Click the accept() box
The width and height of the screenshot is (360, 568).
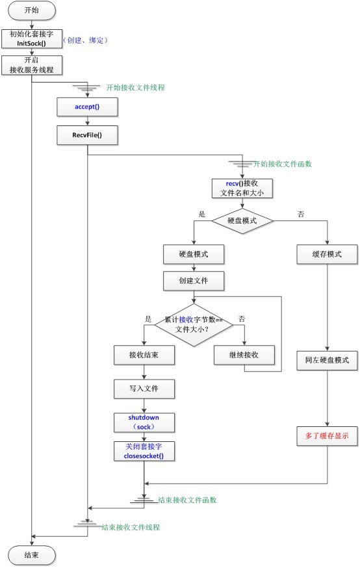[x=86, y=106]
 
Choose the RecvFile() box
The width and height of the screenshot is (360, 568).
[x=86, y=135]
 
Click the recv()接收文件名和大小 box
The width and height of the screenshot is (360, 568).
[x=242, y=188]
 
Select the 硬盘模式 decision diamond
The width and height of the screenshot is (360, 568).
[x=242, y=220]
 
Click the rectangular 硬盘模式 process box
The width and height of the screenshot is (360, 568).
[x=193, y=254]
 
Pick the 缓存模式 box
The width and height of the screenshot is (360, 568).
[x=328, y=254]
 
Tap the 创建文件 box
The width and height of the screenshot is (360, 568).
[x=193, y=281]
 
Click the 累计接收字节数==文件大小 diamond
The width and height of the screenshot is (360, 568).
[x=193, y=324]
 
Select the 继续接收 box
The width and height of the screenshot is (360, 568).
[x=244, y=355]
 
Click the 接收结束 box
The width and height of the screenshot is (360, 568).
[x=144, y=355]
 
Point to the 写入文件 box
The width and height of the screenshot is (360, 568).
[x=144, y=389]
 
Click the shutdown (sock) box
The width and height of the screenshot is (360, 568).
[x=144, y=422]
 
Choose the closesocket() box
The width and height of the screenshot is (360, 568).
[x=144, y=452]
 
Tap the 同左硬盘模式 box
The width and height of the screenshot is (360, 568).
[x=328, y=359]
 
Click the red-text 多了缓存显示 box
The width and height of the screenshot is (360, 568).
[x=328, y=436]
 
